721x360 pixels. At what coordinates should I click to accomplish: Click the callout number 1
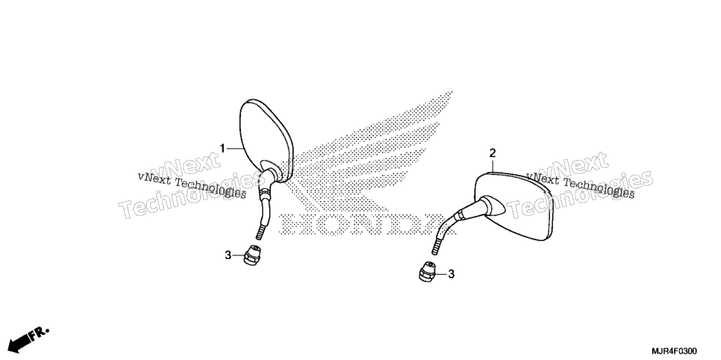(222, 148)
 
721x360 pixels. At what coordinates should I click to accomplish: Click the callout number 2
(493, 152)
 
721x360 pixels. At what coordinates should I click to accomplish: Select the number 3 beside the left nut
(228, 255)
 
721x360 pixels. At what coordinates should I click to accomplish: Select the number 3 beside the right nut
(451, 274)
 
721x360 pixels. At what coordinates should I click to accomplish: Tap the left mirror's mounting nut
(252, 255)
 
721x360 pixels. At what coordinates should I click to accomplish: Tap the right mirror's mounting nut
(427, 272)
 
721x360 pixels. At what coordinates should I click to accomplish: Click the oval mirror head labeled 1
(266, 140)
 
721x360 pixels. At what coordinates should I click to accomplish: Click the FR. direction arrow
(28, 338)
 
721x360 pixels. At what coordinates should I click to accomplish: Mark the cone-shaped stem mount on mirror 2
(490, 206)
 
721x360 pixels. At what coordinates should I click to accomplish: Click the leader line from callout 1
(234, 148)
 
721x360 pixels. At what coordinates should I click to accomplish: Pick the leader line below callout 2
(493, 165)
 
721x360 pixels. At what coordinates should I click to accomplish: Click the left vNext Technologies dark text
(192, 185)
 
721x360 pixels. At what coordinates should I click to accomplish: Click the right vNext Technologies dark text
(580, 185)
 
